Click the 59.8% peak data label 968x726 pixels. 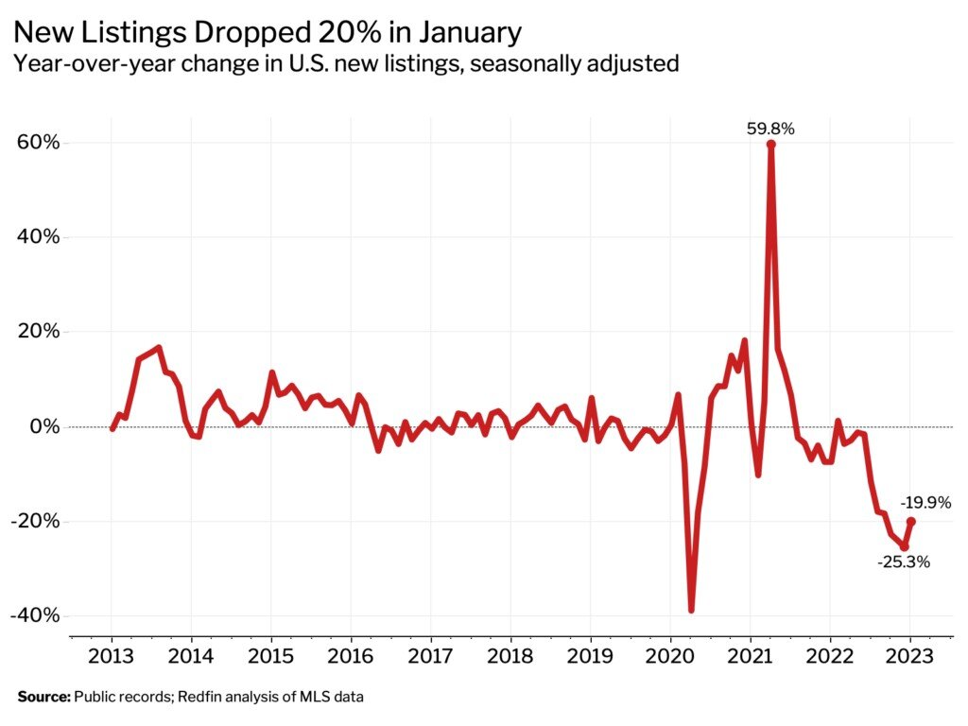point(770,130)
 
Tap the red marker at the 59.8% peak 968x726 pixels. point(771,145)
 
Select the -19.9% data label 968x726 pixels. point(925,503)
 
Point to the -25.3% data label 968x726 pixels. point(903,562)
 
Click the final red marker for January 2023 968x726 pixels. point(910,521)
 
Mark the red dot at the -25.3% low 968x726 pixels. point(904,546)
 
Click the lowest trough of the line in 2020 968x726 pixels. point(691,610)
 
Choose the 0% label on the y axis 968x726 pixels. point(46,426)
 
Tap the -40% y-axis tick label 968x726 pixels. point(37,615)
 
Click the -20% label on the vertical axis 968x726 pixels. point(37,521)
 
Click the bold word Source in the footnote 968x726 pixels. point(43,698)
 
